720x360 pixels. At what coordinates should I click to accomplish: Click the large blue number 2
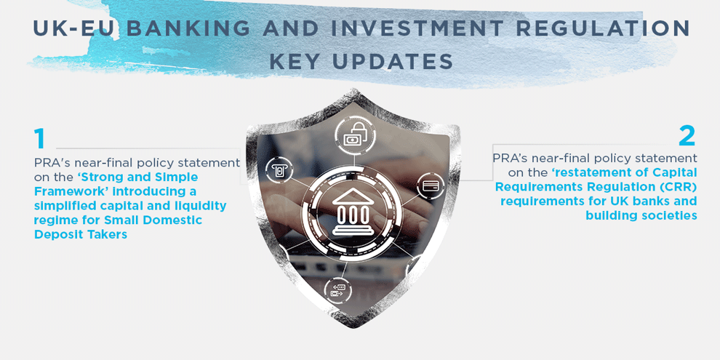(x=686, y=135)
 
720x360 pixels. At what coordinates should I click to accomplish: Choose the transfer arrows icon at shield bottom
(x=337, y=292)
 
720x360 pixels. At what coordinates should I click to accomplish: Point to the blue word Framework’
(x=69, y=191)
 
